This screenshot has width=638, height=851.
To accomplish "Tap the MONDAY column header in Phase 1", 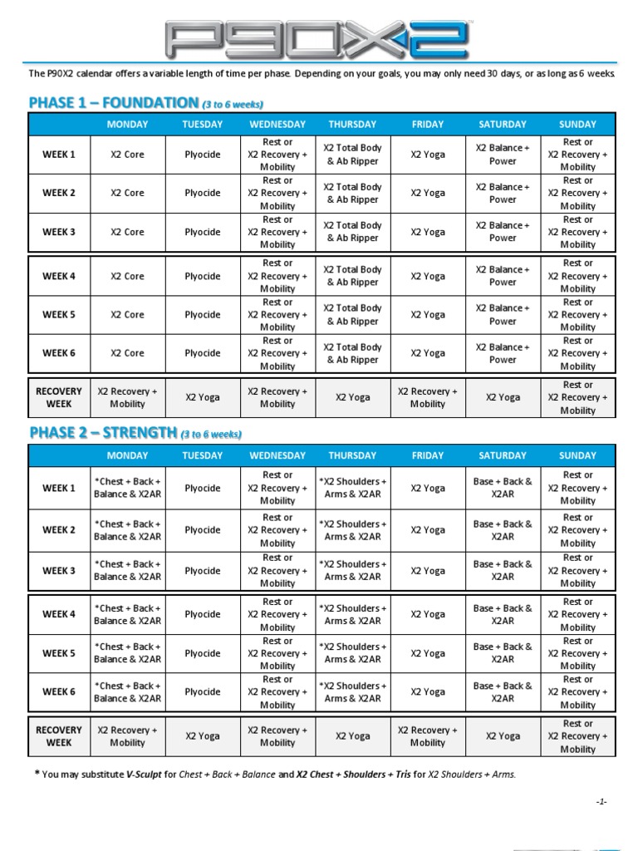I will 127,125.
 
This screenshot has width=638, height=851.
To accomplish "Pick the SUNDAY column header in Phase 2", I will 577,455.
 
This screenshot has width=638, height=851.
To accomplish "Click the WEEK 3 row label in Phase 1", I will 59,232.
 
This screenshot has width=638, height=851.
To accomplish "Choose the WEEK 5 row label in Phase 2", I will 59,653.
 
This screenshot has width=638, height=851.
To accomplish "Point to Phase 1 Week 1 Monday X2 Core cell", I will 127,155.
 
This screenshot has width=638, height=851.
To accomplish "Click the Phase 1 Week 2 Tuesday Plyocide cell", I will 203,193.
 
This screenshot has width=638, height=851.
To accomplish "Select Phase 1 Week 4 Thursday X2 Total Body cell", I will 352,276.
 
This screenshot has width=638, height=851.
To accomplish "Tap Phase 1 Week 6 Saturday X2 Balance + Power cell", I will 503,353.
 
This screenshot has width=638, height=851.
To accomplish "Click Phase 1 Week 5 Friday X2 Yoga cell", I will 428,315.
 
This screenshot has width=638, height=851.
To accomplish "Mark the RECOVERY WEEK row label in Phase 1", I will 59,397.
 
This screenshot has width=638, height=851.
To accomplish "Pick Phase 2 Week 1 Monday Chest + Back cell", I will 127,488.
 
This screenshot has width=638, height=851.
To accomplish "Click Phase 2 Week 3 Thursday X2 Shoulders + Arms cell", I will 352,570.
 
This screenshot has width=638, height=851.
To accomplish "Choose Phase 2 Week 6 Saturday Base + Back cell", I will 503,691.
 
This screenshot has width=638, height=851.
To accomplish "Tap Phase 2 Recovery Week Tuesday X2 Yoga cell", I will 203,736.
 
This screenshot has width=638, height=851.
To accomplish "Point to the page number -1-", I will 601,802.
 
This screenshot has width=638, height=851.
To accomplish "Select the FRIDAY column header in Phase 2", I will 428,455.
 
